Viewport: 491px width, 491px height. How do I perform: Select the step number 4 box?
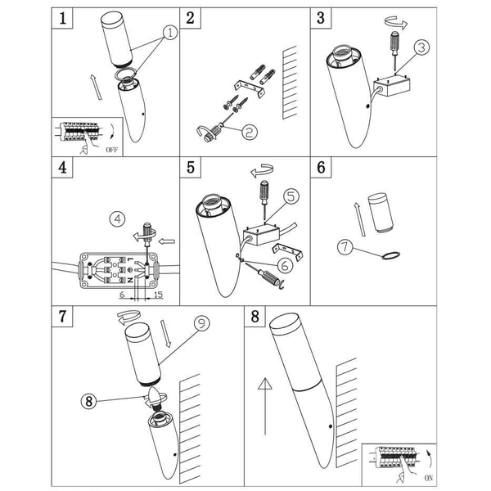coord(63,169)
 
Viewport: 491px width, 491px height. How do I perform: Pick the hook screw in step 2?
coord(209,129)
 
